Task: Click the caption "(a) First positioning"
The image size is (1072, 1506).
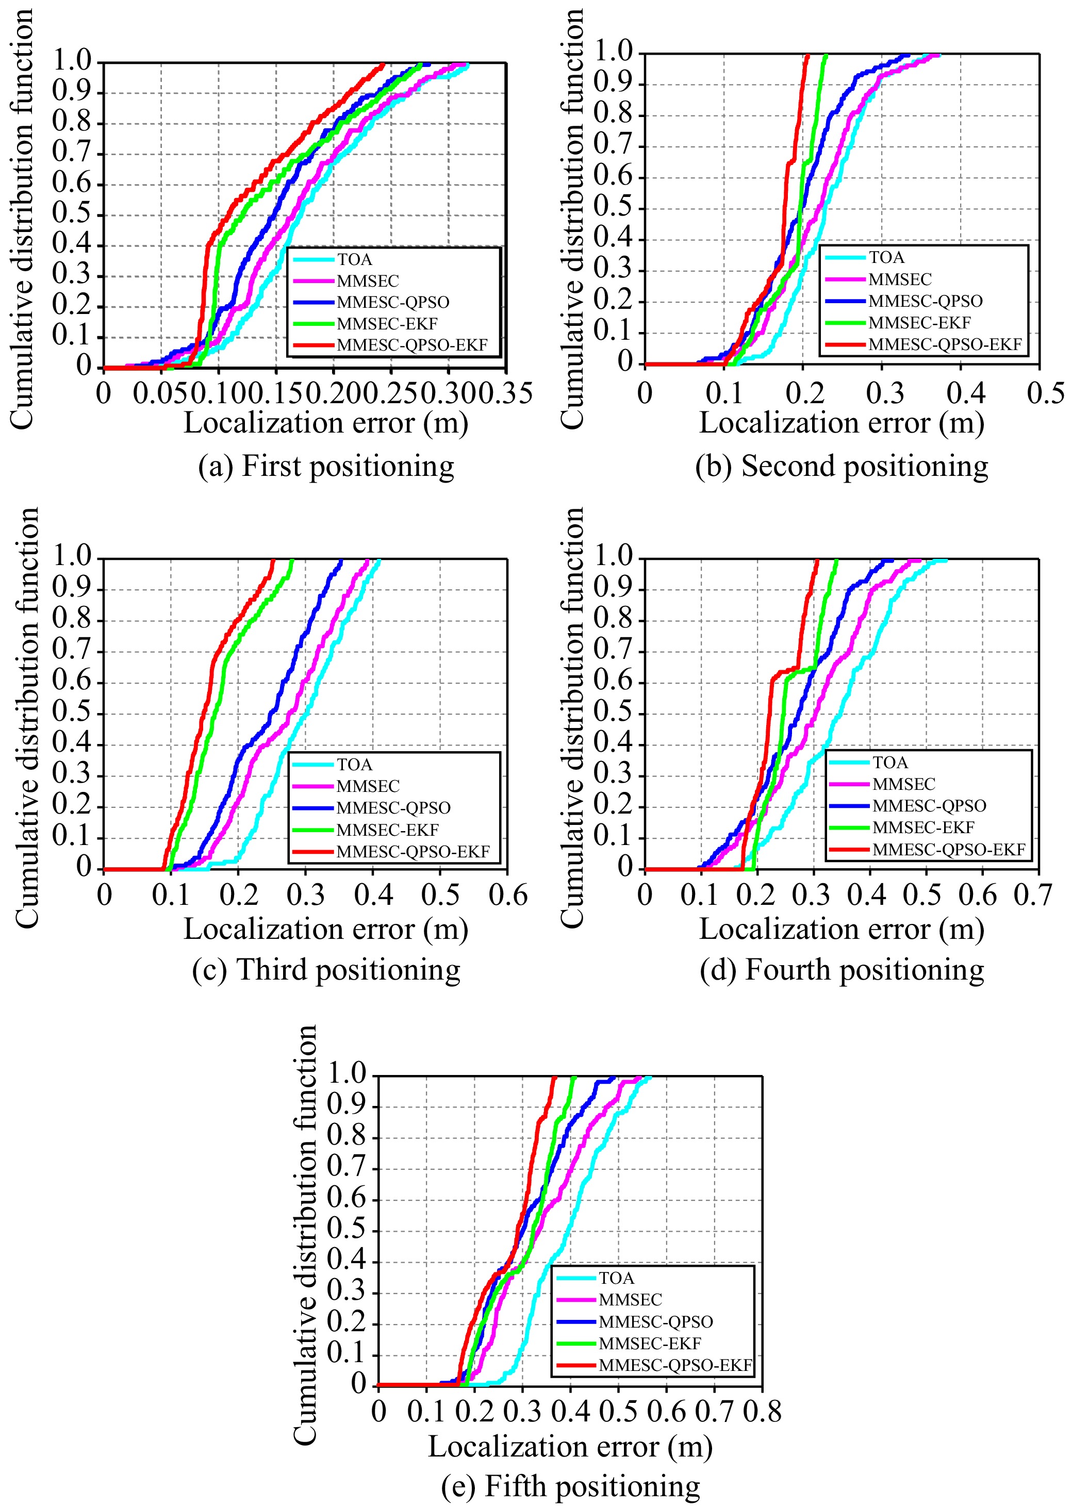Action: (326, 467)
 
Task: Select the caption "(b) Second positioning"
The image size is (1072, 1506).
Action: (842, 467)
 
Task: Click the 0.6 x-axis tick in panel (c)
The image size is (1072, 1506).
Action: (507, 896)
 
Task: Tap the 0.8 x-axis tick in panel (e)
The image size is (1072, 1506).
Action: (763, 1412)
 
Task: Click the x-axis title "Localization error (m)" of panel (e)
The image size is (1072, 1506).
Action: (570, 1447)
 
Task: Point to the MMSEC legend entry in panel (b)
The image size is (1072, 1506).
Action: (900, 279)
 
